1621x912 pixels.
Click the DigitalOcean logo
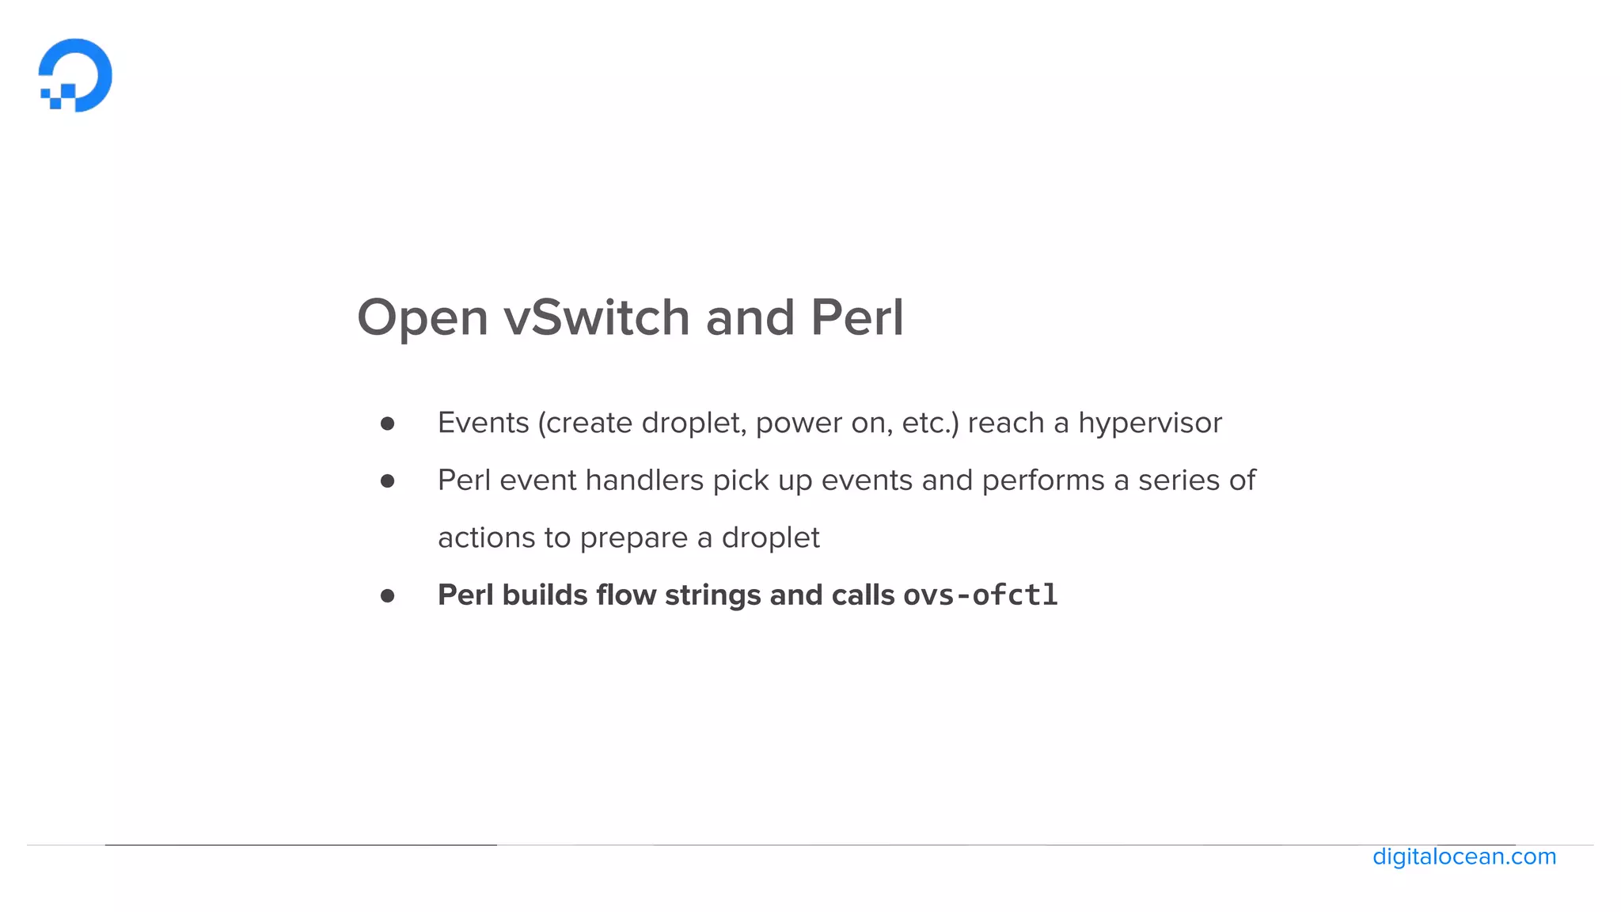click(75, 75)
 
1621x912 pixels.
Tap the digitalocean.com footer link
click(1463, 857)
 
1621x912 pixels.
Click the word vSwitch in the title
click(597, 318)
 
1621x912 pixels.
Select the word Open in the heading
click(422, 318)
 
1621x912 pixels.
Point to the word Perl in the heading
click(856, 318)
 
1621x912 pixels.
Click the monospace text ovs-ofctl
click(980, 595)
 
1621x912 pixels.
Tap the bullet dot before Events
click(387, 424)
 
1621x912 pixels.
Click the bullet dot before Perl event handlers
click(387, 481)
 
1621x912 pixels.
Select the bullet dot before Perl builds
click(387, 596)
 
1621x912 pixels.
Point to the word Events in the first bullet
click(483, 424)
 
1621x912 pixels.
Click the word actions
click(486, 538)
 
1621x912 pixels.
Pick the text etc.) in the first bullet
click(930, 424)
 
